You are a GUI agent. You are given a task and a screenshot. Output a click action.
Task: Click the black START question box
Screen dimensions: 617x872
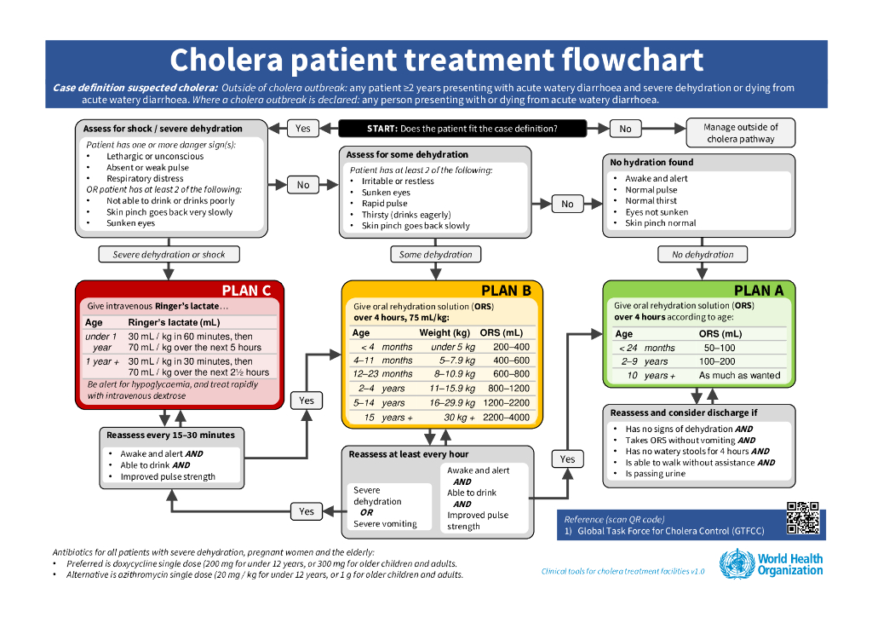click(x=462, y=129)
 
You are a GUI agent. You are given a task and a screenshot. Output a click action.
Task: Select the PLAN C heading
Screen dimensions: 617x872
click(x=246, y=291)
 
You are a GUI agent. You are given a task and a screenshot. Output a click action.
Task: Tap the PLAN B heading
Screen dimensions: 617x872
click(x=506, y=291)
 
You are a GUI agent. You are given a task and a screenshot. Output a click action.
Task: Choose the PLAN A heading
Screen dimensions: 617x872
click(x=758, y=291)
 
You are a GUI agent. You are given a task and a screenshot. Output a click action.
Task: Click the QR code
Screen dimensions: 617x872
click(x=802, y=517)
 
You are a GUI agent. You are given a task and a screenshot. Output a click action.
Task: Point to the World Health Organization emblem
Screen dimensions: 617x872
click(x=736, y=565)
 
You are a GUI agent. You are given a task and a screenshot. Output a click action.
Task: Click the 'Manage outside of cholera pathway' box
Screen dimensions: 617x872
click(x=740, y=133)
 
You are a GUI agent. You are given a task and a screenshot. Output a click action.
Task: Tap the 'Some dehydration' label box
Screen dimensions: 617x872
click(x=435, y=254)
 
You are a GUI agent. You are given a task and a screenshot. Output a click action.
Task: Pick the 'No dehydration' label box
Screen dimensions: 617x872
click(x=703, y=254)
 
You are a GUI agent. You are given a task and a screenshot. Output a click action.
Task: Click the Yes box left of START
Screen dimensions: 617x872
click(x=303, y=129)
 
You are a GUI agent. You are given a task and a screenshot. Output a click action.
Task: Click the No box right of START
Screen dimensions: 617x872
click(x=625, y=129)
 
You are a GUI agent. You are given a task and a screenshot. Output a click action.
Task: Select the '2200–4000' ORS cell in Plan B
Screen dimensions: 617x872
click(x=505, y=418)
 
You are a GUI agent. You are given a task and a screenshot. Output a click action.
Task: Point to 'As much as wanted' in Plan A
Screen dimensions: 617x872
click(x=739, y=375)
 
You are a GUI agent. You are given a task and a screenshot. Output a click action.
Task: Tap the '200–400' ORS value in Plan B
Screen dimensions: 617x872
click(x=511, y=347)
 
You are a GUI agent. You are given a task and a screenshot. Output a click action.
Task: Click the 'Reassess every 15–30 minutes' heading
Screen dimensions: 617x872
click(x=170, y=435)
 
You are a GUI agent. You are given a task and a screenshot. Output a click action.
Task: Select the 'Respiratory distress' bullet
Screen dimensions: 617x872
click(x=145, y=179)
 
